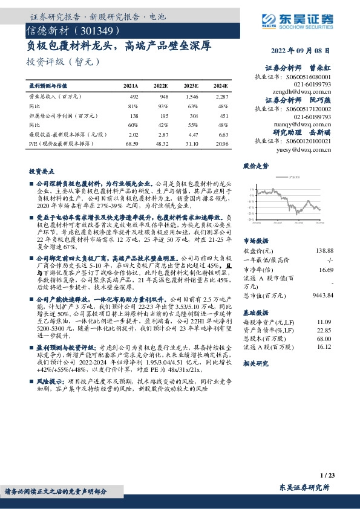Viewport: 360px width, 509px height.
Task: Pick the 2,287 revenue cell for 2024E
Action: click(x=221, y=96)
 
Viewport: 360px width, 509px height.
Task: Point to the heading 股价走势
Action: click(x=256, y=165)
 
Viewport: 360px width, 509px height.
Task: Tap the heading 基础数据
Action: click(x=255, y=313)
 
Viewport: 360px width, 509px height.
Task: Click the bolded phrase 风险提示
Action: click(x=50, y=382)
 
